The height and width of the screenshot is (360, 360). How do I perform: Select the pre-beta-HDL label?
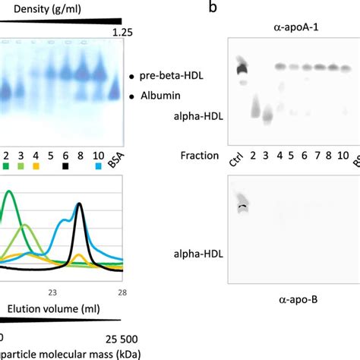coord(176,77)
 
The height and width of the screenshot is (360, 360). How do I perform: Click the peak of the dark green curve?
coord(9,191)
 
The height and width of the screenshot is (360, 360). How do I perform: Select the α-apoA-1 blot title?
coord(295,27)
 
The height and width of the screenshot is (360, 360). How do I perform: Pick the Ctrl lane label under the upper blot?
coord(235,161)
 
